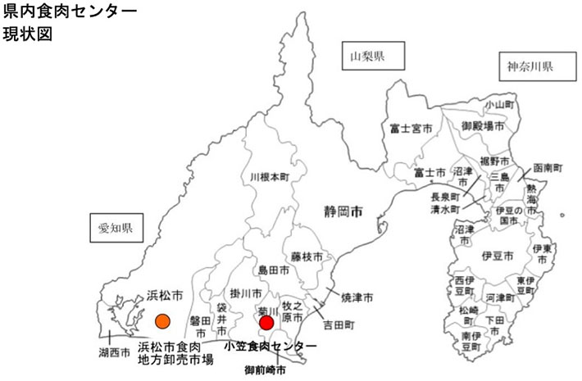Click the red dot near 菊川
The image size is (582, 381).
pos(266,323)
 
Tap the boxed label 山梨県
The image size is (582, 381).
pos(367,57)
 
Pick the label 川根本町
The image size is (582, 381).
pos(270,177)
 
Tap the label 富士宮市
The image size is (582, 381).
pos(410,128)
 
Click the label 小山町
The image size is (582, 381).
pos(498,105)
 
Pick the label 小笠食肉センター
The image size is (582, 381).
pos(270,346)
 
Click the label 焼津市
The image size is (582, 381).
pos(357,296)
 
